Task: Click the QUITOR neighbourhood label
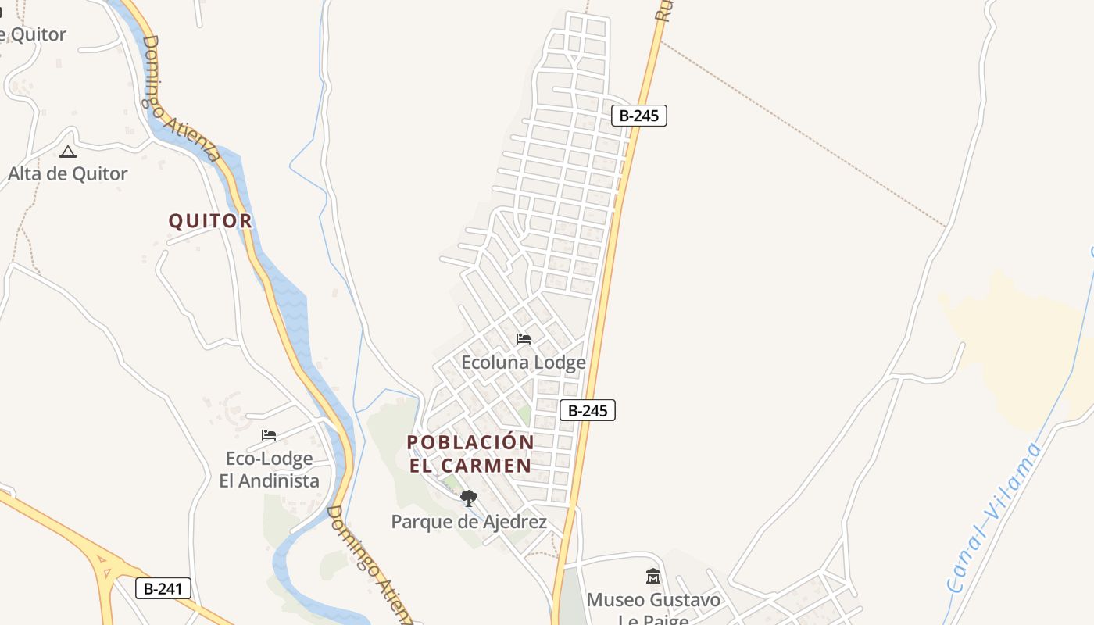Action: (x=210, y=221)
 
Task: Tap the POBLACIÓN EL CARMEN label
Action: (x=470, y=453)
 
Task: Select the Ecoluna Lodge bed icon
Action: (x=524, y=339)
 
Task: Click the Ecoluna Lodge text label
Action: (x=524, y=362)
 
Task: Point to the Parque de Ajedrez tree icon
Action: (x=468, y=498)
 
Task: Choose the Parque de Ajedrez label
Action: (x=469, y=522)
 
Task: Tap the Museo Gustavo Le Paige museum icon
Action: (x=653, y=577)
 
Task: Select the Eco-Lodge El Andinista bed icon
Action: (x=269, y=435)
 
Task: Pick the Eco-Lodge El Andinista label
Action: (x=269, y=470)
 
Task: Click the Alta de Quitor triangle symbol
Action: (x=68, y=152)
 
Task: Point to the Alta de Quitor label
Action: (x=67, y=173)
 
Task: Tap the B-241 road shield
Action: (x=163, y=588)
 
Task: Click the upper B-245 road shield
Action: (x=638, y=116)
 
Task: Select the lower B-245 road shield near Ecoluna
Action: (x=588, y=410)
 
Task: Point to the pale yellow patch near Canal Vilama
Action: (x=1016, y=344)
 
